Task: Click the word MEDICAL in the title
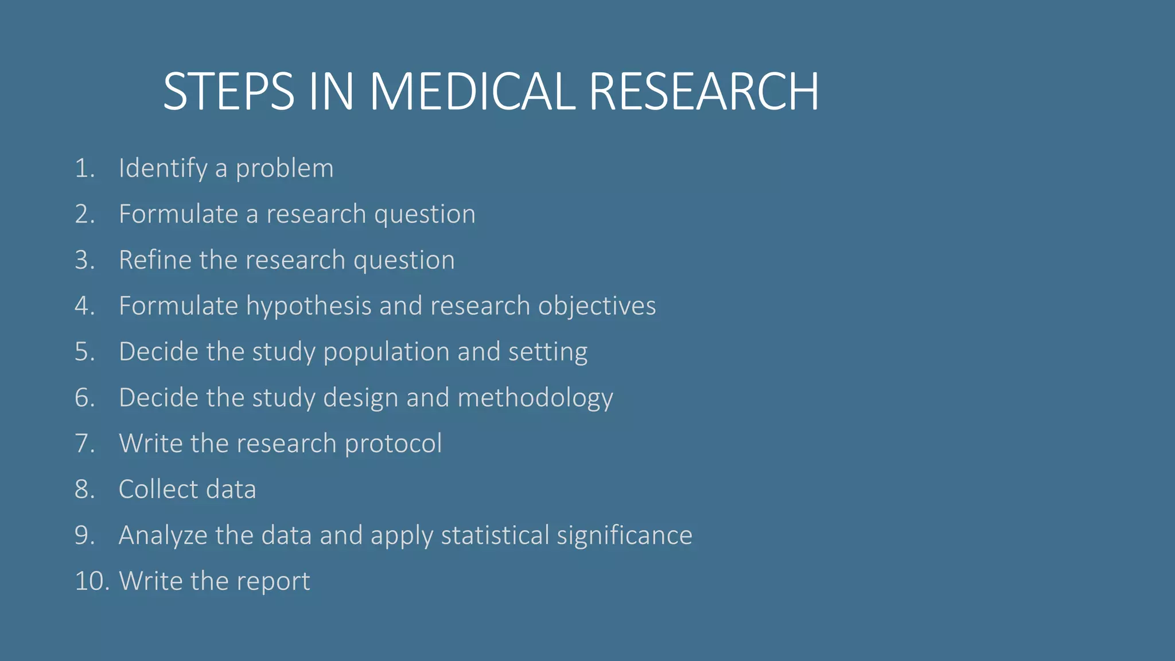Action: (x=472, y=91)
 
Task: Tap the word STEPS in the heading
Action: (x=228, y=91)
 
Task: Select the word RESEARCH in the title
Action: (x=704, y=91)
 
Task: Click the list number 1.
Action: (x=84, y=169)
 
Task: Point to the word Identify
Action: (x=163, y=169)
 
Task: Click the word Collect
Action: (x=158, y=489)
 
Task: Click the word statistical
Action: (x=495, y=535)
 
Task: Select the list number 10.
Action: (x=92, y=581)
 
